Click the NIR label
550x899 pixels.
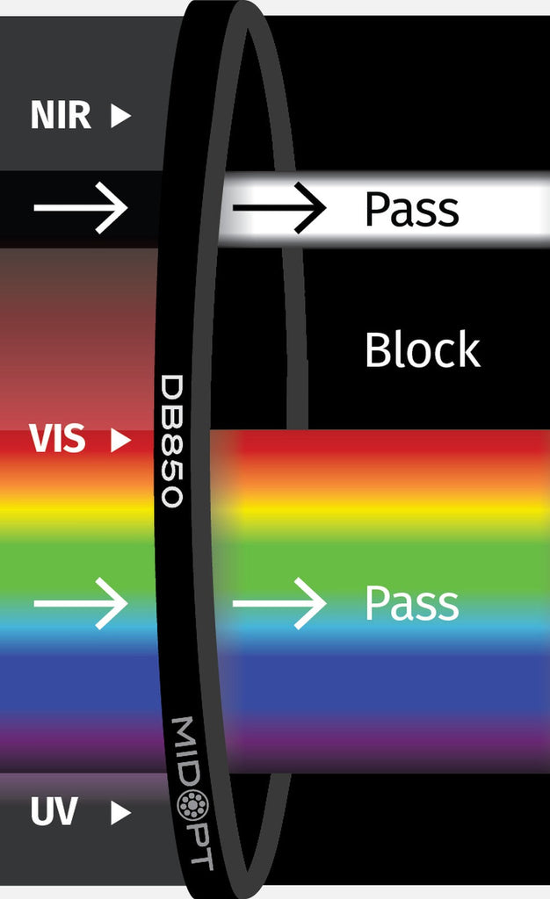61,116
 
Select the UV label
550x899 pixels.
54,813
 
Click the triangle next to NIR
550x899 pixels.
120,116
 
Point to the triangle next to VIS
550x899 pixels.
120,441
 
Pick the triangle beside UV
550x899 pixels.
120,814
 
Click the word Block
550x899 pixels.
422,350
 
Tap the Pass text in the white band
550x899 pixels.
411,210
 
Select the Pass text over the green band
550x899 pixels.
411,603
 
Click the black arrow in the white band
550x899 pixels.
279,208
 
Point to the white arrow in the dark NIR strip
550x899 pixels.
81,208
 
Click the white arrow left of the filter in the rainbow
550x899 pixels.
81,603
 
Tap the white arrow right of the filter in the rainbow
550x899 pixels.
279,603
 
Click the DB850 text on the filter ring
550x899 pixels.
173,441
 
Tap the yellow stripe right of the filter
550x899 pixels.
395,509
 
